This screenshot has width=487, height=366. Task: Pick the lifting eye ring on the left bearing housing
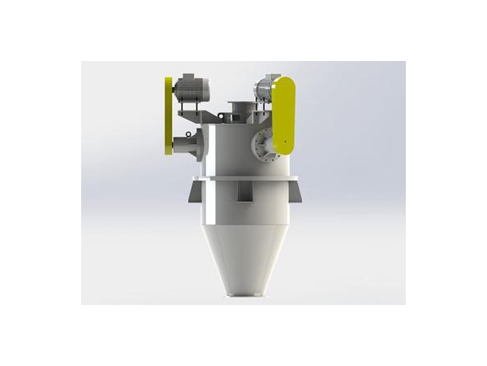188,133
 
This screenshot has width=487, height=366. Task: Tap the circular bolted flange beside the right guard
261,144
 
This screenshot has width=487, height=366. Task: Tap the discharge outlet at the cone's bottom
243,297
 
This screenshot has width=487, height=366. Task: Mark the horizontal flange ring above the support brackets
243,177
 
